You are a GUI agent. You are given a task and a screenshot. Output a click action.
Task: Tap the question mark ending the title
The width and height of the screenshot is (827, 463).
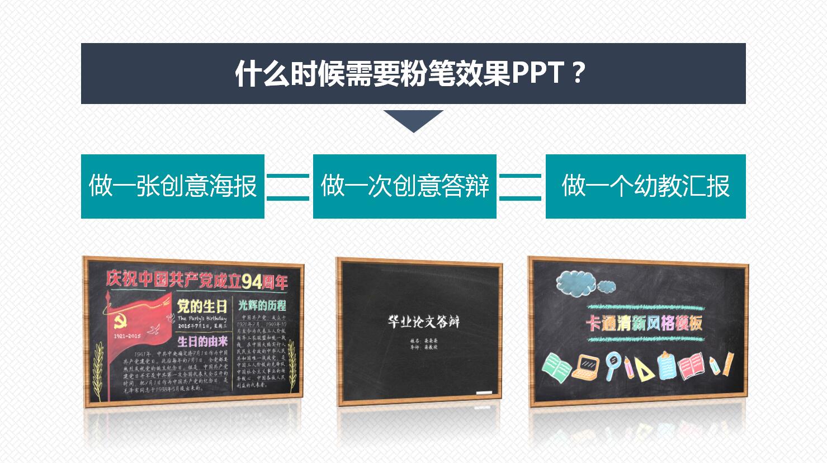coord(579,73)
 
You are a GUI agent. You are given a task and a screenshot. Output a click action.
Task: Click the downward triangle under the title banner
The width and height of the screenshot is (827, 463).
coord(413,120)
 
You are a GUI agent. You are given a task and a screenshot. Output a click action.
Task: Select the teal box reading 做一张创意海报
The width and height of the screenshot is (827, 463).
coord(172,186)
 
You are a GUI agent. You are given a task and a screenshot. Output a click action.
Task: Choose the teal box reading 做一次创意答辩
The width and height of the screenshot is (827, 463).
coord(404,186)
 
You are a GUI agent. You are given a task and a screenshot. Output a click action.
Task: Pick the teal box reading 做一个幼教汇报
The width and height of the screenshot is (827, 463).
coord(645,186)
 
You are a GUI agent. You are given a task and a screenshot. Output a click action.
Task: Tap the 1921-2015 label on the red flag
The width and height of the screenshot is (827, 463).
coord(127,336)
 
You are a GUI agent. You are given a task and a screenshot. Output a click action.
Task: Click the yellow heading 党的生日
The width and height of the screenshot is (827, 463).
coord(202,306)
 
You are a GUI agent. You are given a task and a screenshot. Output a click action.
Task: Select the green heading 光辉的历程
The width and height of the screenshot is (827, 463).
coord(262,305)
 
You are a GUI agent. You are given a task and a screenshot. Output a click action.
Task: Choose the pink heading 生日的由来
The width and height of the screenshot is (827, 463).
coord(202,340)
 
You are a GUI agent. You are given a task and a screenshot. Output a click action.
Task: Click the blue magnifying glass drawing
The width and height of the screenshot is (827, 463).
coord(613,362)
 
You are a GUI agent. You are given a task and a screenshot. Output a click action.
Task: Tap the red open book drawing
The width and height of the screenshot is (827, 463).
coord(691,366)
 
